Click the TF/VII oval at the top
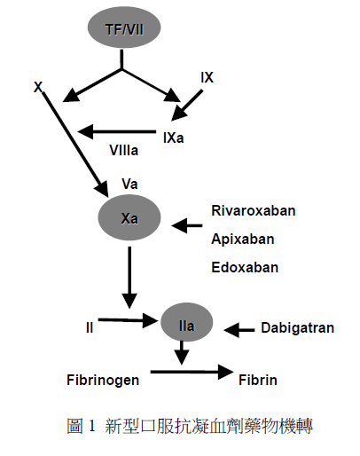click(124, 28)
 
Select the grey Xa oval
click(129, 217)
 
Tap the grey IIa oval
click(186, 322)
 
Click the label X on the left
click(38, 87)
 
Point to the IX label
click(207, 77)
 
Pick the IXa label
click(174, 138)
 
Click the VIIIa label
click(124, 150)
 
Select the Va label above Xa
click(129, 184)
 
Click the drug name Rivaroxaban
click(254, 211)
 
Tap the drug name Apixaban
click(243, 239)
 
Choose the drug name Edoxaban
click(245, 267)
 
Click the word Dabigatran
click(297, 328)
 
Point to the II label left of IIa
click(90, 327)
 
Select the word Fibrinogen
click(103, 380)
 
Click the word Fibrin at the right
click(258, 380)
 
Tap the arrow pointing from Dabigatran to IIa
click(239, 330)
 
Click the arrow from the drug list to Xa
click(187, 225)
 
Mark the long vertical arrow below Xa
click(129, 278)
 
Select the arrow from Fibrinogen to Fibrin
click(192, 372)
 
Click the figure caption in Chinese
click(190, 426)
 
